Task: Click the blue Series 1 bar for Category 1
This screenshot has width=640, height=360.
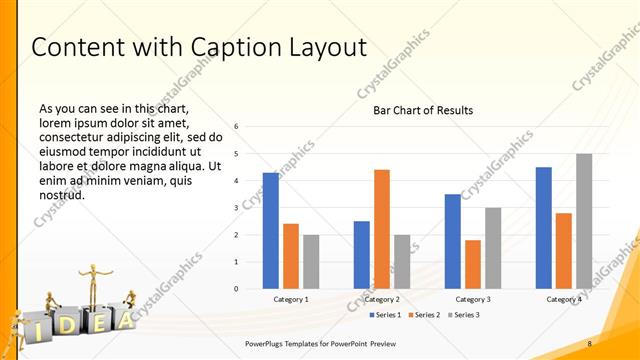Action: coord(271,231)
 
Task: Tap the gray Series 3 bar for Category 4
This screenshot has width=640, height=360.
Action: coord(584,221)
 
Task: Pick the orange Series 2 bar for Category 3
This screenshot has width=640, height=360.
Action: coord(473,264)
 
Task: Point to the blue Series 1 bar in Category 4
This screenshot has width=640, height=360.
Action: coord(544,228)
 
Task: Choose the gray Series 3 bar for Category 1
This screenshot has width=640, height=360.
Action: coord(311,262)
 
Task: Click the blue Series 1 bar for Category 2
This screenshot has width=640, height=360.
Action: coord(362,255)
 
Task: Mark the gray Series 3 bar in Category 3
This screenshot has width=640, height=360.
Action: coord(493,248)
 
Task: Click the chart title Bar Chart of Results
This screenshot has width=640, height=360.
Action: coord(423,110)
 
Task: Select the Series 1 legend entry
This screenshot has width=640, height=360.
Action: coord(386,315)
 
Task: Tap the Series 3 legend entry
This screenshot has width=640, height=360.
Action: coord(463,315)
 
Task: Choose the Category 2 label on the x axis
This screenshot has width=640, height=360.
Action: coord(382,299)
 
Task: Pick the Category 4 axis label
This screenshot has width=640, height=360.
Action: coord(564,299)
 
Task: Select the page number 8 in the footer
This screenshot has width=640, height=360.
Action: coord(590,344)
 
